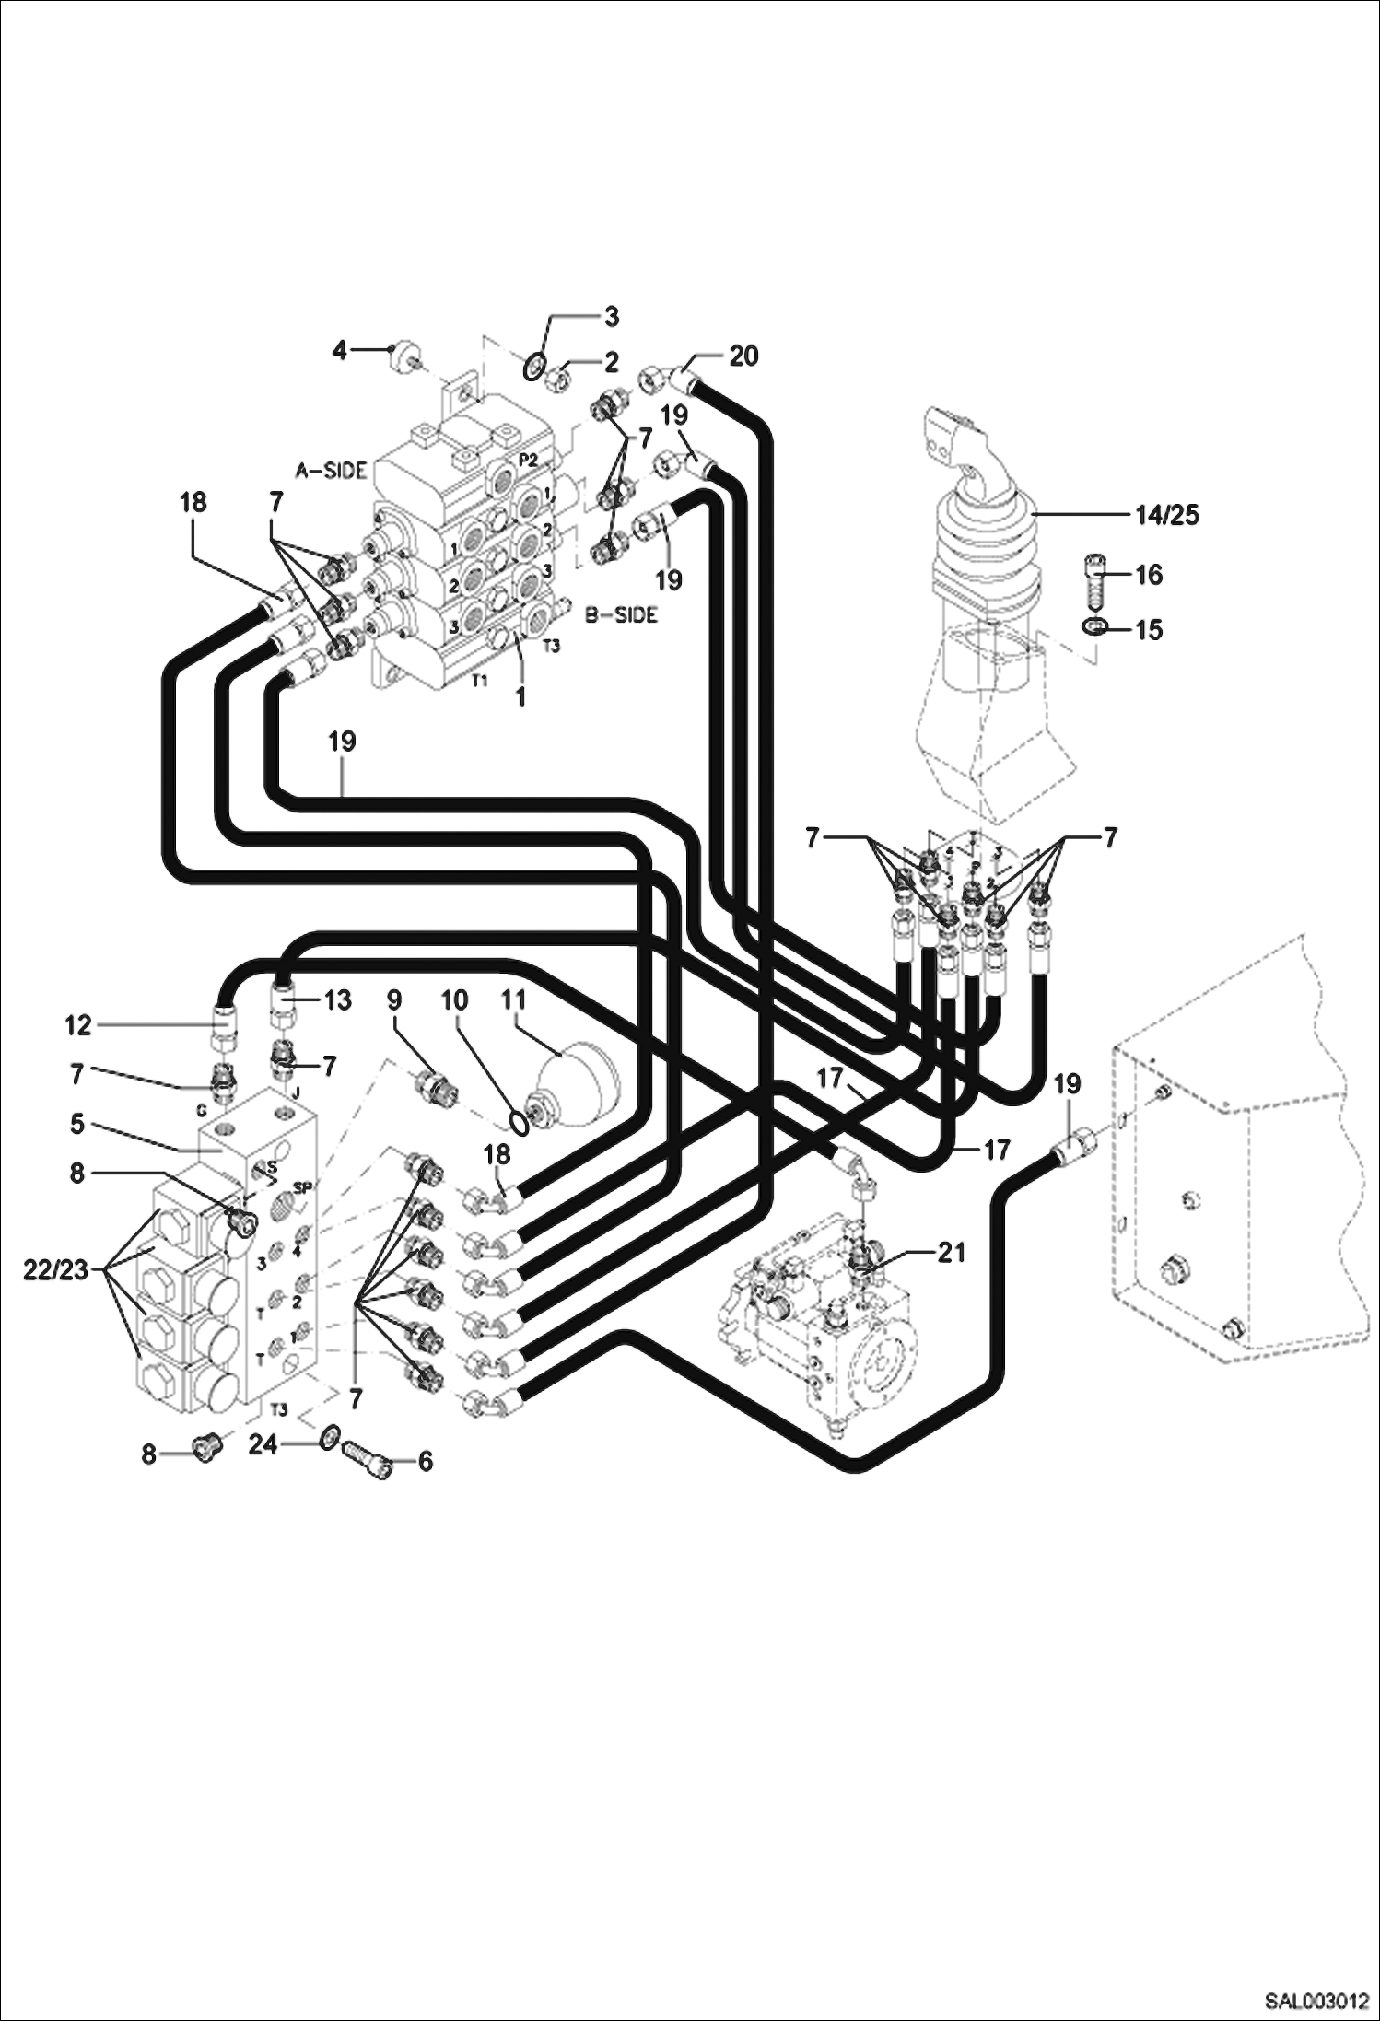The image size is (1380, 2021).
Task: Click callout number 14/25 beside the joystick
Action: (1167, 515)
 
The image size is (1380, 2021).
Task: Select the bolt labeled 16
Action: (1093, 579)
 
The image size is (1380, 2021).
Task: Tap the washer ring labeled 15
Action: (1093, 627)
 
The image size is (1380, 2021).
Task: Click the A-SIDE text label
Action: (331, 471)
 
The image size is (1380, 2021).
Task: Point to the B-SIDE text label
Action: (621, 614)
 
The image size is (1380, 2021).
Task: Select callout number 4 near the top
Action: (340, 350)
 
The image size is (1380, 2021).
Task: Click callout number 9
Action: (394, 1001)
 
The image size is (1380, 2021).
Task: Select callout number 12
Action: (78, 1024)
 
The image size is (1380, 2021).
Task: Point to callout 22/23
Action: (55, 1270)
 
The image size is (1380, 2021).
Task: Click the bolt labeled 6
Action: (366, 1459)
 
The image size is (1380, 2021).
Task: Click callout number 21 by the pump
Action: (951, 1253)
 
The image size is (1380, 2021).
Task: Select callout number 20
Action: (743, 356)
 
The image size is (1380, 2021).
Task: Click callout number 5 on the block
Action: (76, 1125)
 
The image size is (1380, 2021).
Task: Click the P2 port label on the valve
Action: (528, 461)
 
